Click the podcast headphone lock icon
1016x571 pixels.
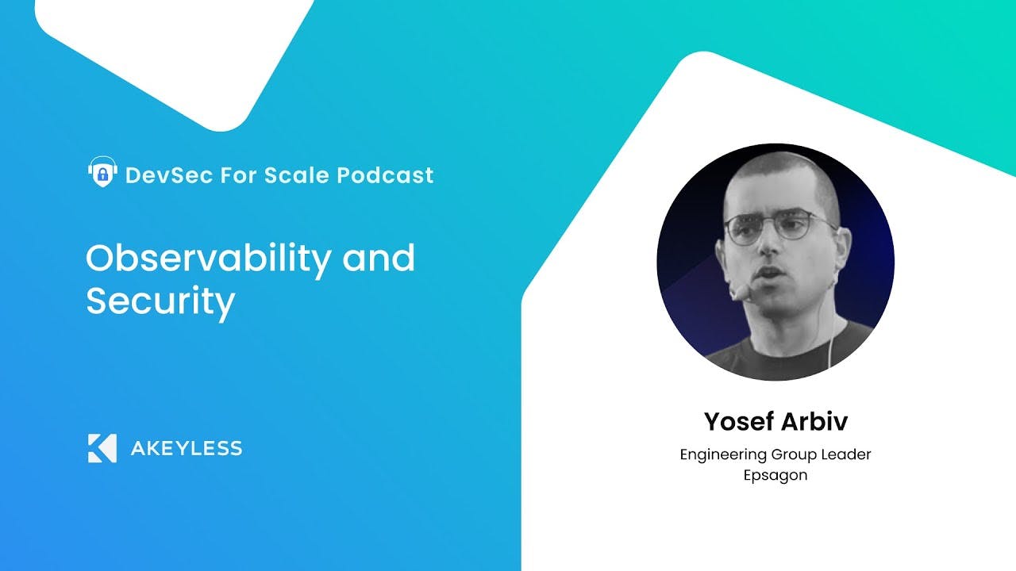[x=102, y=172]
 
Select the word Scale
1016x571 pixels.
[x=297, y=175]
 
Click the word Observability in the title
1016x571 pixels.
[x=209, y=259]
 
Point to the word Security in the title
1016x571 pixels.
[x=160, y=302]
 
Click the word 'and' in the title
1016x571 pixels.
[x=379, y=258]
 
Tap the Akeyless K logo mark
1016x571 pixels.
[x=102, y=448]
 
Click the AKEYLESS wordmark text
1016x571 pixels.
[x=187, y=449]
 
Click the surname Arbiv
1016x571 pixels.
[x=814, y=421]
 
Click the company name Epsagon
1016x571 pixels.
[x=775, y=476]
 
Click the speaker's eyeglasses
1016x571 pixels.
[x=779, y=228]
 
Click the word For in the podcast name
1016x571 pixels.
[x=239, y=175]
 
